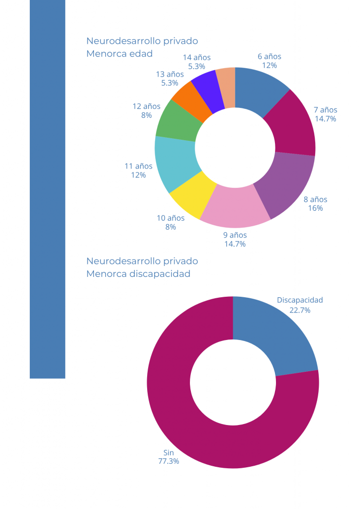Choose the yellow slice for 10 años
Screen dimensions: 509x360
pyautogui.click(x=192, y=196)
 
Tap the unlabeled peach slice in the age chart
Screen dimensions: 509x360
pyautogui.click(x=227, y=85)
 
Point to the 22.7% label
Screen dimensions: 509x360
pyautogui.click(x=300, y=310)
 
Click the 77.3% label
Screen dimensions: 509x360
pyautogui.click(x=169, y=461)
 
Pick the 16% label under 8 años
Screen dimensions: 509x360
pyautogui.click(x=315, y=208)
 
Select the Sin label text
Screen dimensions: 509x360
pyautogui.click(x=169, y=452)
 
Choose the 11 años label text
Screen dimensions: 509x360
pyautogui.click(x=138, y=166)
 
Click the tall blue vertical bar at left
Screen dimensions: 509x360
pyautogui.click(x=47, y=189)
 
